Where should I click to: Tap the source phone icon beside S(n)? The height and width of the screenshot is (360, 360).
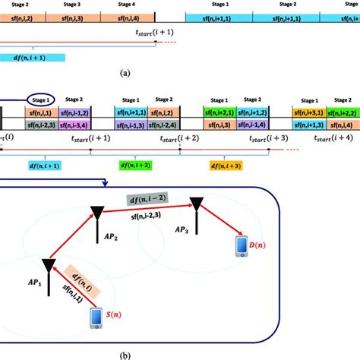tap(96, 317)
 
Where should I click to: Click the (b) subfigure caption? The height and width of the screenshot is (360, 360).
tap(180, 352)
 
